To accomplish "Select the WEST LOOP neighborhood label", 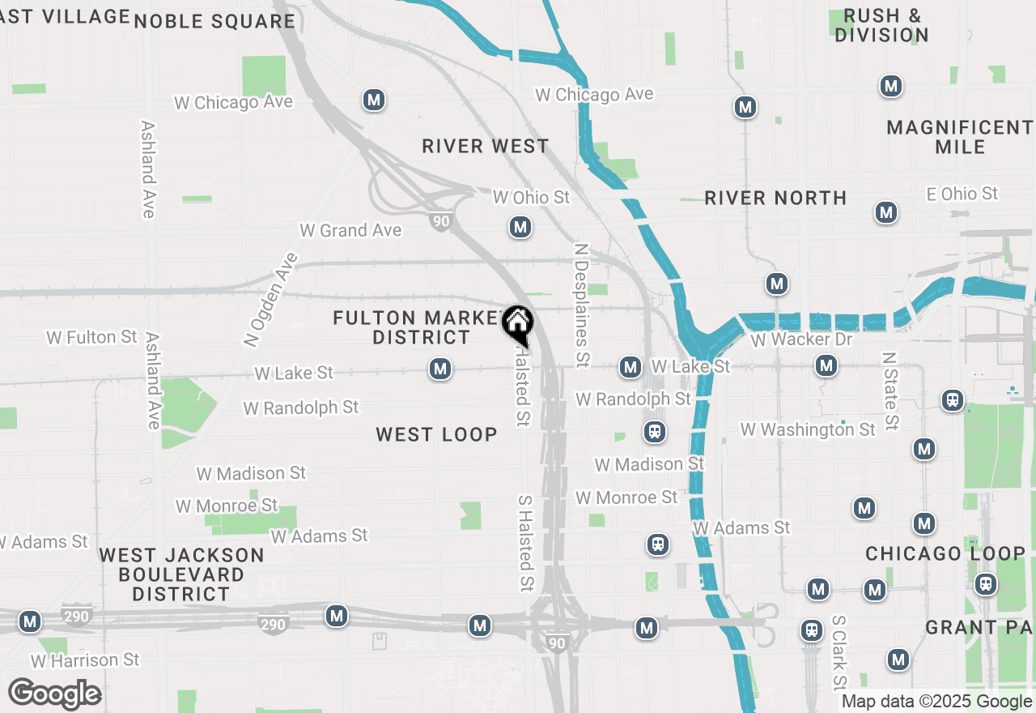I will tap(436, 435).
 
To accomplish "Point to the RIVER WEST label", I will tap(486, 147).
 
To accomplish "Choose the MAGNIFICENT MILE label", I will tap(959, 137).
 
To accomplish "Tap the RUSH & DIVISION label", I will tap(881, 25).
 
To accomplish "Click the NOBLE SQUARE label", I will tap(214, 21).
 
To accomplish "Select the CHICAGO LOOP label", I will tap(945, 554).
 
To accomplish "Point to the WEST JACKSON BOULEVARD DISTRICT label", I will tap(181, 574).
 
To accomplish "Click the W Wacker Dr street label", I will tap(801, 339).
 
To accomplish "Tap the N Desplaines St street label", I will tap(580, 305).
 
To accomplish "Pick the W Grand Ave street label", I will tap(350, 231).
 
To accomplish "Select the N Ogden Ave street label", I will tap(270, 299).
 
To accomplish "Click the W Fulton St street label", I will tap(92, 337).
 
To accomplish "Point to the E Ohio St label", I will tap(962, 194).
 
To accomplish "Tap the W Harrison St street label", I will tap(85, 661).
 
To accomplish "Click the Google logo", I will tap(55, 694).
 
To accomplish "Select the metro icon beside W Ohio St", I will tap(520, 228).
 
